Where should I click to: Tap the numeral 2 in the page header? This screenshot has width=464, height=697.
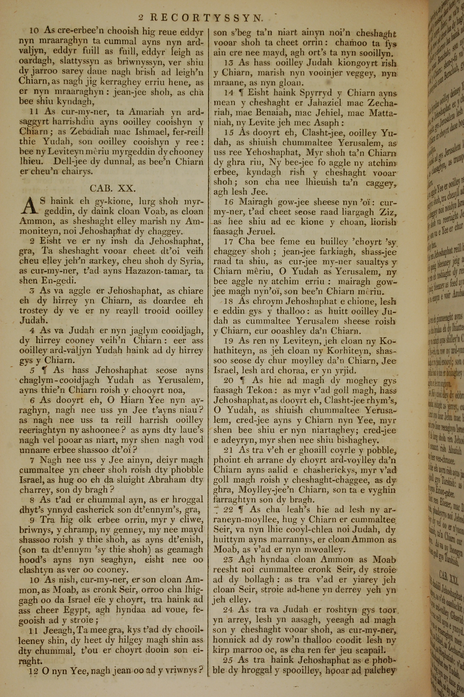[141, 18]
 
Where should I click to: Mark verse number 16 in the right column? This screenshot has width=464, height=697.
[229, 202]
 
